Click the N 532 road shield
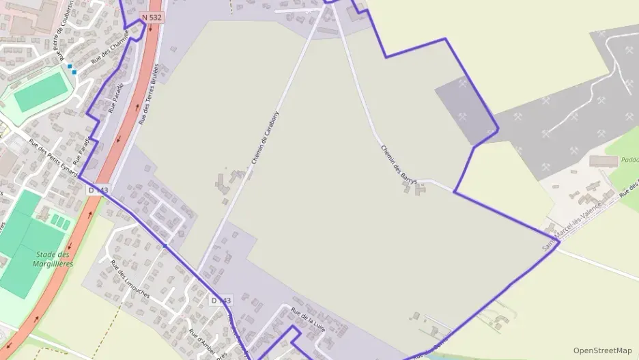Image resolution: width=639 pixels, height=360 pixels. pos(152,16)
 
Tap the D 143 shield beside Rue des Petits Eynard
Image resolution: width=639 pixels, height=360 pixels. pos(98,190)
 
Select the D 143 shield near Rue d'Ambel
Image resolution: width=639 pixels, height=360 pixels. pos(221,301)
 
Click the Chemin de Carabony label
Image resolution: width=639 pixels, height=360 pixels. pos(266,137)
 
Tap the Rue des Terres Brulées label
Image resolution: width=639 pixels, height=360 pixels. pos(149,94)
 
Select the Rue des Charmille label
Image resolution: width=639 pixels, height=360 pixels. pos(110,49)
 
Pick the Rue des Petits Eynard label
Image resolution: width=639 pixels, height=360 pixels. pos(53,158)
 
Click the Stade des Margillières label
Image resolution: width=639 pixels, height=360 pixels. pos(53,258)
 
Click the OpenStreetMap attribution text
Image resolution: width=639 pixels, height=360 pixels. pos(602,350)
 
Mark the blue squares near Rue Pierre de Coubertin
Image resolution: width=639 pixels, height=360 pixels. pos(72,69)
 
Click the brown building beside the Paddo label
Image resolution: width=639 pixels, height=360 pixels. pos(603,161)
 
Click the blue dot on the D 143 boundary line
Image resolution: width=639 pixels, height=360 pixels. pos(165,246)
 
